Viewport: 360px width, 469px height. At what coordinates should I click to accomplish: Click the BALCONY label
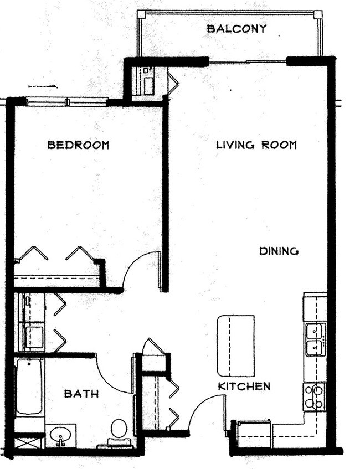coord(236,28)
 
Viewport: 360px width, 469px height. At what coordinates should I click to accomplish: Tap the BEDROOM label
coord(78,145)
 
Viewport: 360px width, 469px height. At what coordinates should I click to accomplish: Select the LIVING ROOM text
coord(256,145)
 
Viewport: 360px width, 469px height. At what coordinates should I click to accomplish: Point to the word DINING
coord(279,251)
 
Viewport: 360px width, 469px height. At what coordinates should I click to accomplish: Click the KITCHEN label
coord(244,386)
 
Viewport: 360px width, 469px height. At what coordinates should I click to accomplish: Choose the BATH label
coord(81,394)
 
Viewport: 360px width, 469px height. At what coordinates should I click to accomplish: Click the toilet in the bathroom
coord(119,429)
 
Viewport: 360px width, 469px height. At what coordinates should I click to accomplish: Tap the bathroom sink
coord(60,435)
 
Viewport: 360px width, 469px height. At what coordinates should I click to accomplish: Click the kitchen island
coord(235,346)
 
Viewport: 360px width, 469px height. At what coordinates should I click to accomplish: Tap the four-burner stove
coord(314,396)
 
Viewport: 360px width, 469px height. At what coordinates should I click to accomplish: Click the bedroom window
coord(66,102)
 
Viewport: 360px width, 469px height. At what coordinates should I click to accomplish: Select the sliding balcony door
coord(248,62)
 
